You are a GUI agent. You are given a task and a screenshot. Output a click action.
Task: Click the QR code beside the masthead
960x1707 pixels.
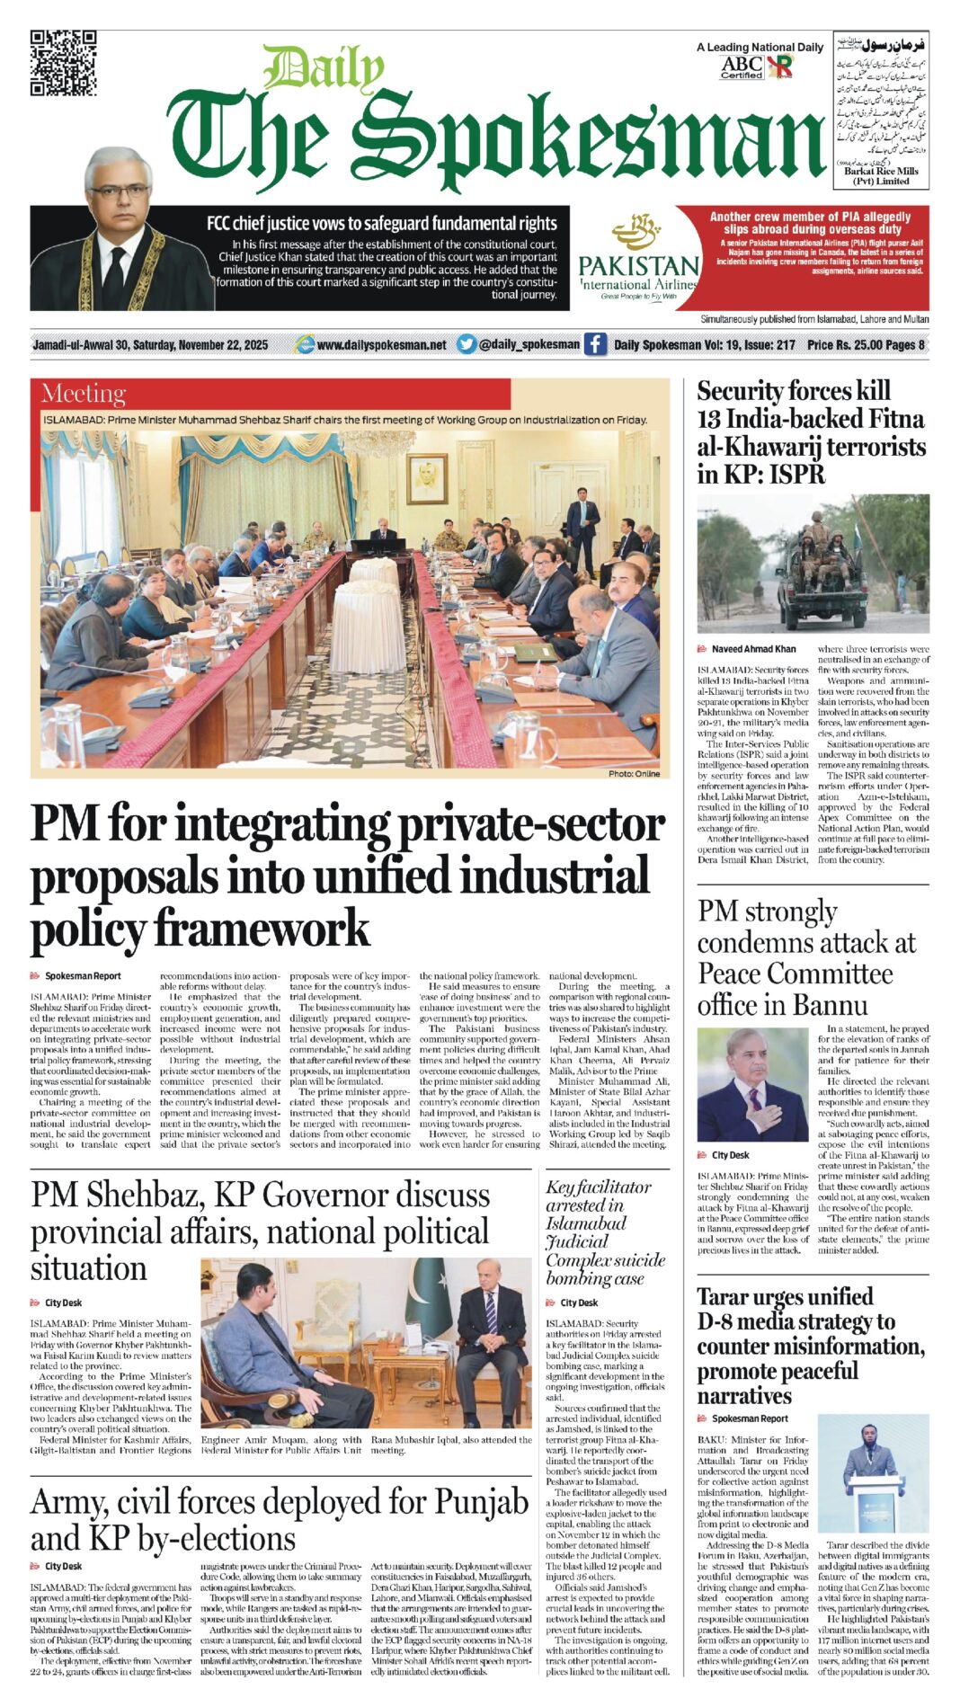point(63,63)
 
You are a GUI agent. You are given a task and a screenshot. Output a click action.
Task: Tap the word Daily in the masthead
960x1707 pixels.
point(324,69)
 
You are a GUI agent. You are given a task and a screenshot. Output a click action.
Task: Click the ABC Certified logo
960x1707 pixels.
point(742,67)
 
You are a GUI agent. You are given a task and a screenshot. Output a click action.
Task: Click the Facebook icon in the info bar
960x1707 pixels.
point(594,344)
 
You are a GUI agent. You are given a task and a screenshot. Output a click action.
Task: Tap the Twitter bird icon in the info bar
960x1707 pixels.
point(466,344)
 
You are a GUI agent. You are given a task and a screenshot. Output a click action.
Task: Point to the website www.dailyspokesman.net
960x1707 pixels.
point(381,345)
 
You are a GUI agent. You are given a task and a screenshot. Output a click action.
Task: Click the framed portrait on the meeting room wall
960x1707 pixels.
point(427,478)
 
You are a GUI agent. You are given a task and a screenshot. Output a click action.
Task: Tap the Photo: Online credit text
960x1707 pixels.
point(633,773)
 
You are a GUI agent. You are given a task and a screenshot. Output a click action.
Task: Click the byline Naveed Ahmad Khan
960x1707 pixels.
point(753,649)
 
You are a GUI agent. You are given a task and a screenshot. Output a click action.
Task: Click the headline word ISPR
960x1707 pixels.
point(797,474)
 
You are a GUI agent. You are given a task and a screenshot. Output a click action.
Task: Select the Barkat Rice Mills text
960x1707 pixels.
point(881,171)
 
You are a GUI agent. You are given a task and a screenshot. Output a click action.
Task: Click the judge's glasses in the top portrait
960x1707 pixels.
point(119,192)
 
